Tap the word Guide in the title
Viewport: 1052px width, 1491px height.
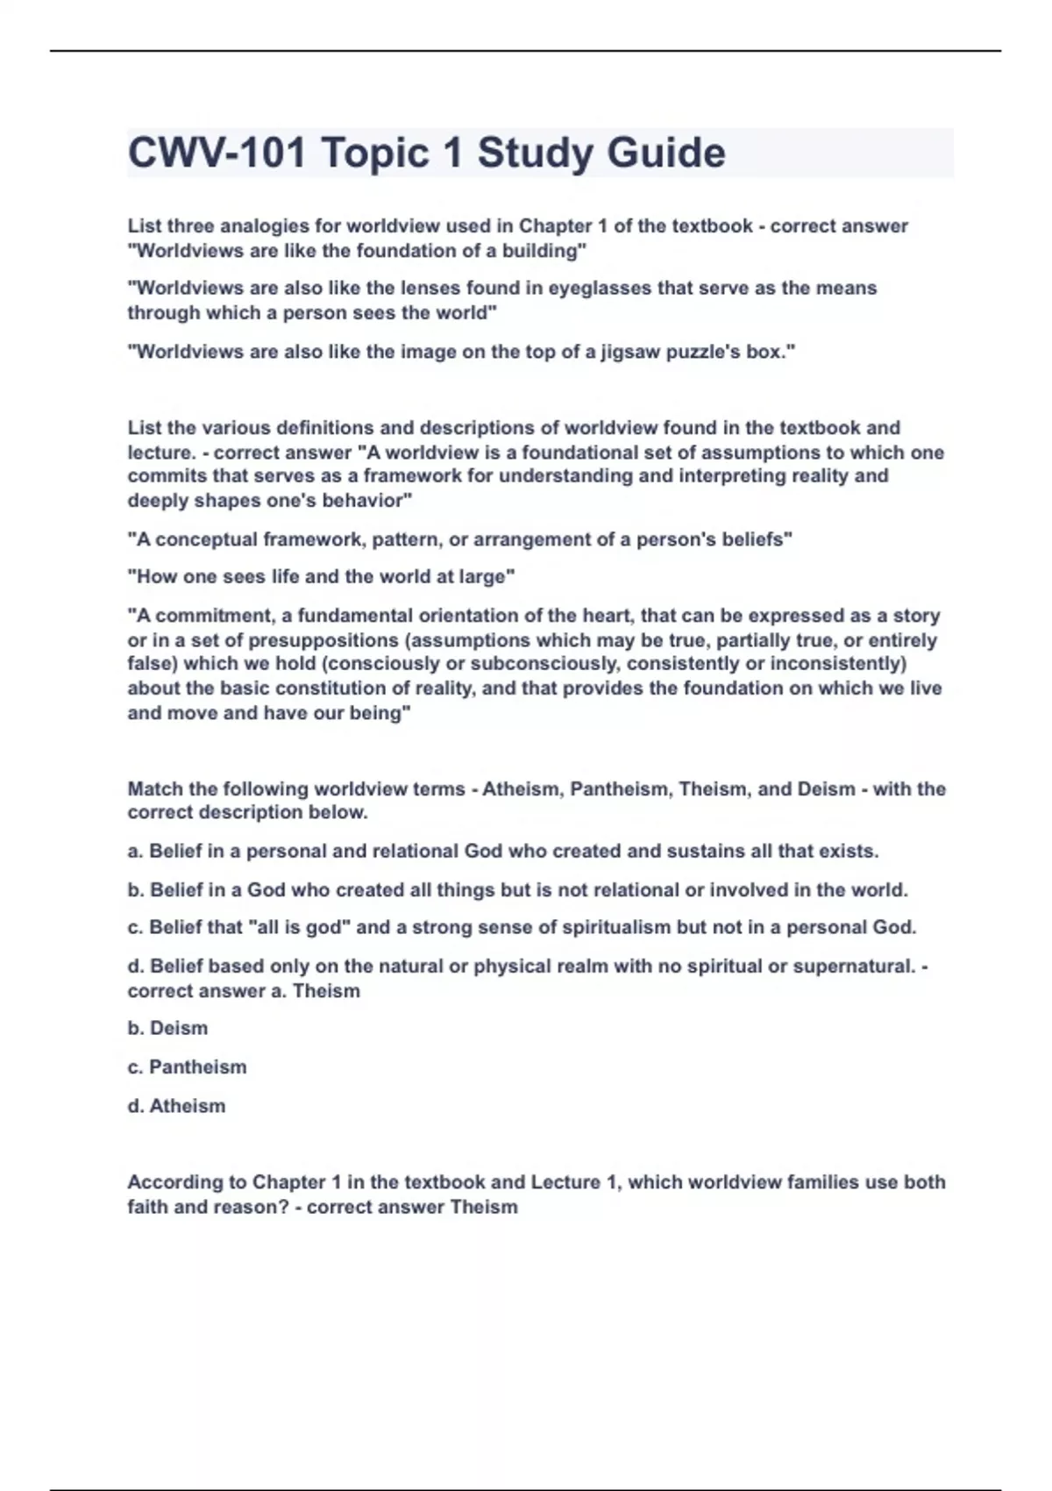point(666,153)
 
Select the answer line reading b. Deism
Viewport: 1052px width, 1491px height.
point(167,1028)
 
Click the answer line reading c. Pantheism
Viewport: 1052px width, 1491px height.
point(187,1067)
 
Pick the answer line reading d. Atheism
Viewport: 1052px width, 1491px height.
point(176,1106)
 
